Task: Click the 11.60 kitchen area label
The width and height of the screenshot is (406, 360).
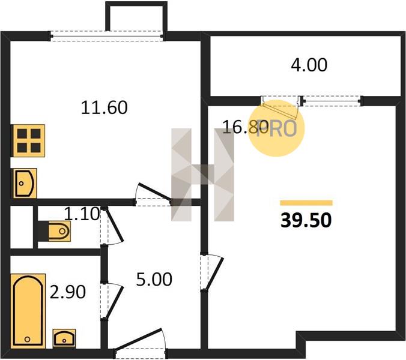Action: pos(104,107)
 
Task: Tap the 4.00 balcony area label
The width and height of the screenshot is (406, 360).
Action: pos(309,65)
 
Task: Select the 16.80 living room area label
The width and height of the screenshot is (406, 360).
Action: pos(245,127)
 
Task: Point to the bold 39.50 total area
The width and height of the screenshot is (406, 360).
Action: pos(306,221)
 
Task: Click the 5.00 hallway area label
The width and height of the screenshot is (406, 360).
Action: pos(154,279)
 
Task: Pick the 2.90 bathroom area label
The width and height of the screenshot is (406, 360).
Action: pos(68,292)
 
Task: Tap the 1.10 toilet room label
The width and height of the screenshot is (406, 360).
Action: pos(82,214)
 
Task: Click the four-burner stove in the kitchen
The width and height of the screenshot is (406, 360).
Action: pos(29,140)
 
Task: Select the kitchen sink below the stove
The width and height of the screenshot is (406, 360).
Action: pos(25,184)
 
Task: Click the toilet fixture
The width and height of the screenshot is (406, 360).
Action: pos(56,231)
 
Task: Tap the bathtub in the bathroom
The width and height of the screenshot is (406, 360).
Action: pos(28,311)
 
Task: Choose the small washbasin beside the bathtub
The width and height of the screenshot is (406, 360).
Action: pos(64,338)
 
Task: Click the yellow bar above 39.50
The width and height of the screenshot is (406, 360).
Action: pos(306,203)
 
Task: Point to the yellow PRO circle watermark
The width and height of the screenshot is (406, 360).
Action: pos(276,128)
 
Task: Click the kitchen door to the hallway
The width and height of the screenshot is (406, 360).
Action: pos(153,194)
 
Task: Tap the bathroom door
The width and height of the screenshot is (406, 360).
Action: pos(111,301)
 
